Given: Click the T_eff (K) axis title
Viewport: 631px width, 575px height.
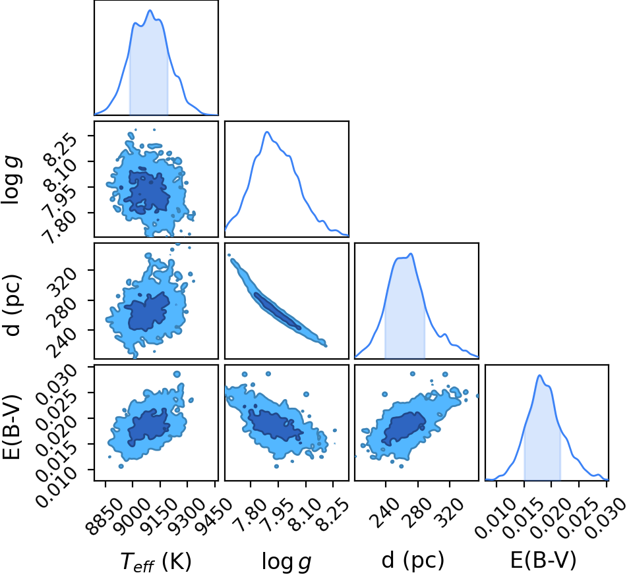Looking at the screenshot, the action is pos(156,561).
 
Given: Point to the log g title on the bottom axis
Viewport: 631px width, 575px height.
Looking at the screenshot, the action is pos(287,562).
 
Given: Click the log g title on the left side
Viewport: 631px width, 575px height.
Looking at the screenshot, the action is pos(12,181).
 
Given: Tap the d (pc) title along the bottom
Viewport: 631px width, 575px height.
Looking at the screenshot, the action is pos(413,561).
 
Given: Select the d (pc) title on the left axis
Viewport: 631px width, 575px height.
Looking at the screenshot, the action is pos(12,305).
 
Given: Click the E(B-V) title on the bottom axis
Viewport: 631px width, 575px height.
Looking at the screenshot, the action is pos(543,561).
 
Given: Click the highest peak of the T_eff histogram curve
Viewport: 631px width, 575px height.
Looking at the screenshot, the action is pos(150,11).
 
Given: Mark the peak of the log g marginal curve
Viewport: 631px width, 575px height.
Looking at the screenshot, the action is pos(266,132).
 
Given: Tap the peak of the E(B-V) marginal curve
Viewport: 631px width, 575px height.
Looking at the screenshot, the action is pos(539,375).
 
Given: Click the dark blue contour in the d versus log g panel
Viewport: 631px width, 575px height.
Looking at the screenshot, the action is pos(278,312).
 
